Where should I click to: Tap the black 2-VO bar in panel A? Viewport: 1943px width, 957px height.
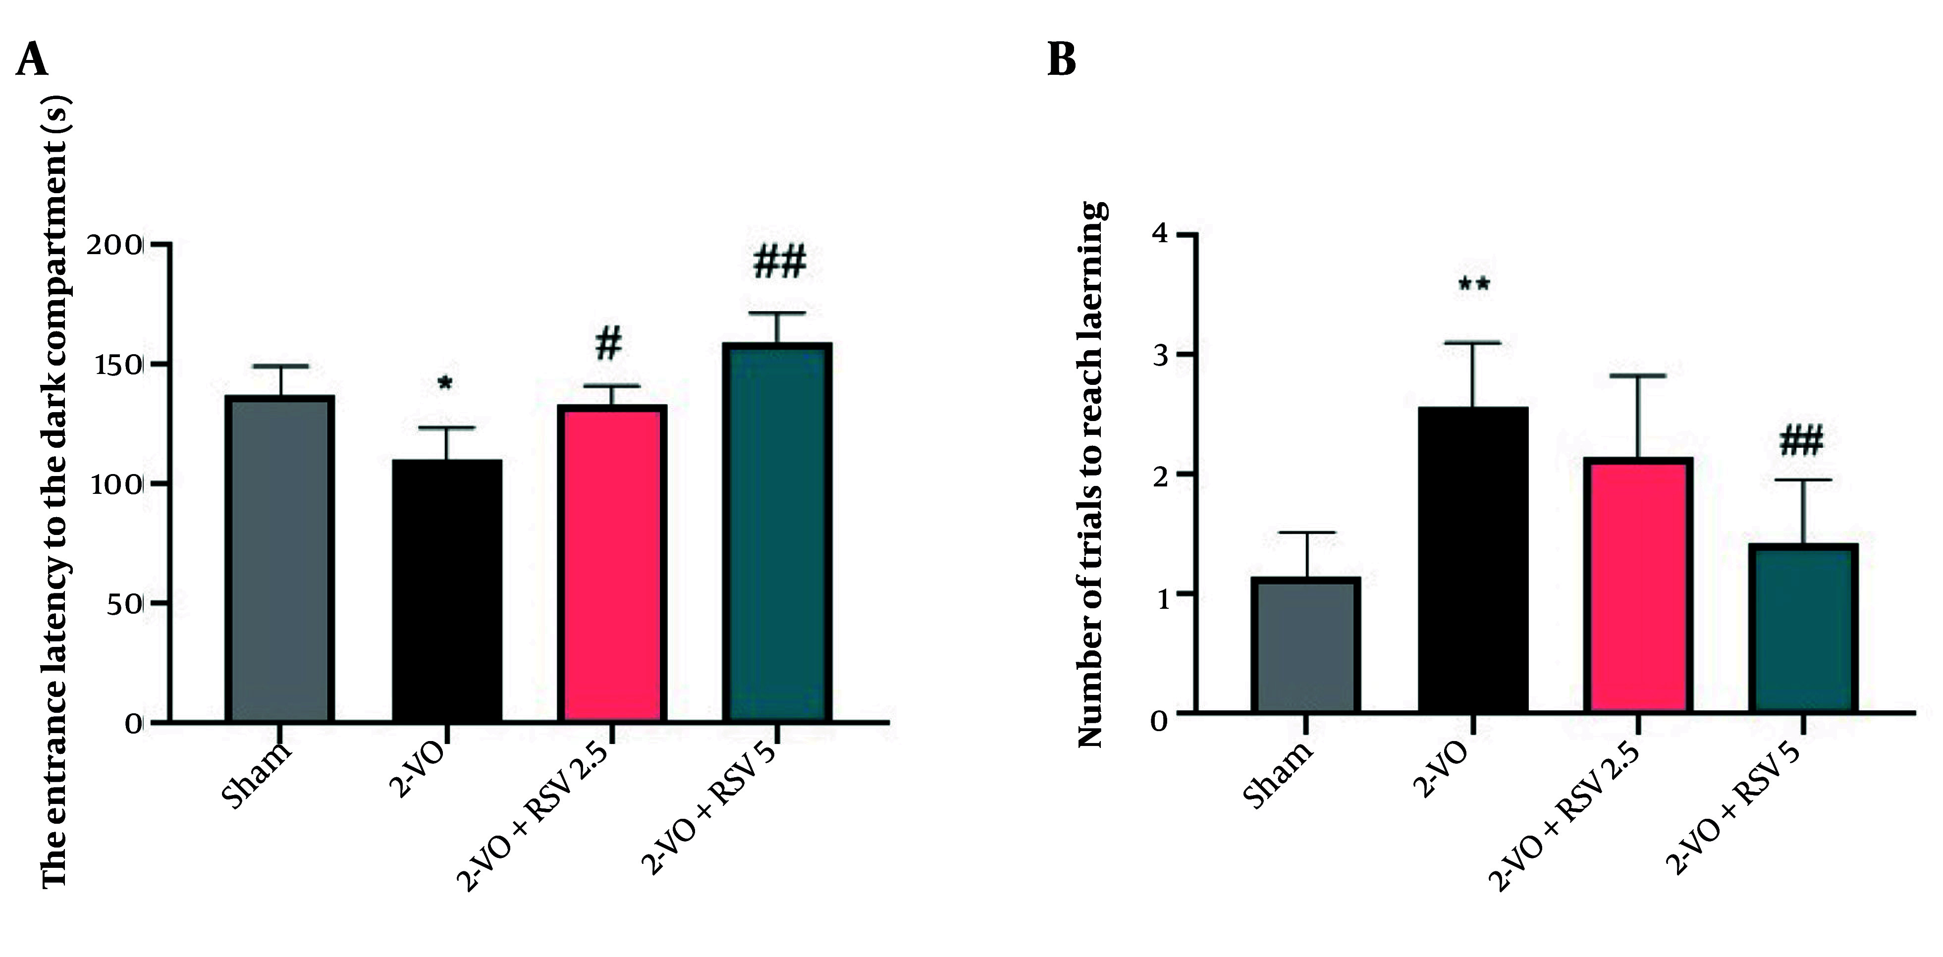pyautogui.click(x=446, y=590)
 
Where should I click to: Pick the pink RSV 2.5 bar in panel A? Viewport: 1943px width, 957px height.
pyautogui.click(x=612, y=563)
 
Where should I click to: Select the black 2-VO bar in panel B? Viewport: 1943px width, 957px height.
pyautogui.click(x=1473, y=559)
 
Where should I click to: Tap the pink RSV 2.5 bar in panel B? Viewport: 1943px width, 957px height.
pyautogui.click(x=1638, y=585)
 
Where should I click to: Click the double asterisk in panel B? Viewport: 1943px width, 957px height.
pyautogui.click(x=1473, y=285)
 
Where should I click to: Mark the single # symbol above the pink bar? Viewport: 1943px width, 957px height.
pyautogui.click(x=609, y=344)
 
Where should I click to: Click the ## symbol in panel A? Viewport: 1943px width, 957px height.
pyautogui.click(x=779, y=261)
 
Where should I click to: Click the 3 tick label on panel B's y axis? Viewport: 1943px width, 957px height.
pyautogui.click(x=1159, y=355)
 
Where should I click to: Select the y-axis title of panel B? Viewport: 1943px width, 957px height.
pyautogui.click(x=1091, y=475)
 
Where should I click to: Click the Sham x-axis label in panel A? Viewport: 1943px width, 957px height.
pyautogui.click(x=257, y=775)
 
